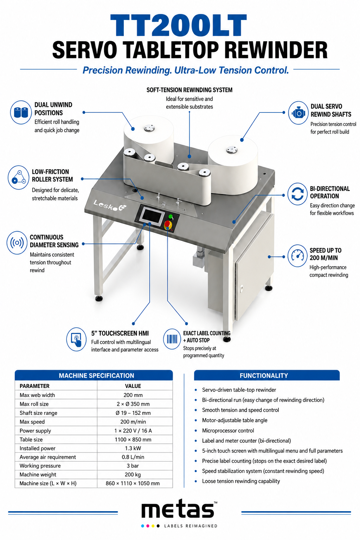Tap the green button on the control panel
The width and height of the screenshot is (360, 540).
(x=171, y=217)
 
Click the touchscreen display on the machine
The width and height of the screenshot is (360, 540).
(x=152, y=216)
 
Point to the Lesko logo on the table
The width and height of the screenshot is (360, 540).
(x=110, y=206)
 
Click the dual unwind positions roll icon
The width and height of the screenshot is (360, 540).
(x=21, y=112)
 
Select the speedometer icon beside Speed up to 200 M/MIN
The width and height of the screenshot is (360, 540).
(x=297, y=256)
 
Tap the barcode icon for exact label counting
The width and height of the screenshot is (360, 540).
(x=172, y=339)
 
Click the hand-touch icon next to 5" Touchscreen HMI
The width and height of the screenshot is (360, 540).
(x=76, y=339)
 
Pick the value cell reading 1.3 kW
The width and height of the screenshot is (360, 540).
(x=133, y=448)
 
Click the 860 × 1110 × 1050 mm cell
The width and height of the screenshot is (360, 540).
(x=133, y=483)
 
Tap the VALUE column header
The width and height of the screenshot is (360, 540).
(x=133, y=386)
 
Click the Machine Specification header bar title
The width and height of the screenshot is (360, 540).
(x=96, y=375)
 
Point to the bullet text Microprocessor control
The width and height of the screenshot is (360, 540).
(x=228, y=431)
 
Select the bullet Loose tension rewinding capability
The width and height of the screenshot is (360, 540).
(x=241, y=481)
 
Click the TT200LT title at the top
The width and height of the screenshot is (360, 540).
(x=179, y=25)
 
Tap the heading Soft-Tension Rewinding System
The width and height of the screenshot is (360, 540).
(x=189, y=90)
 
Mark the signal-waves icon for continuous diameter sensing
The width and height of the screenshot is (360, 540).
(x=17, y=243)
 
